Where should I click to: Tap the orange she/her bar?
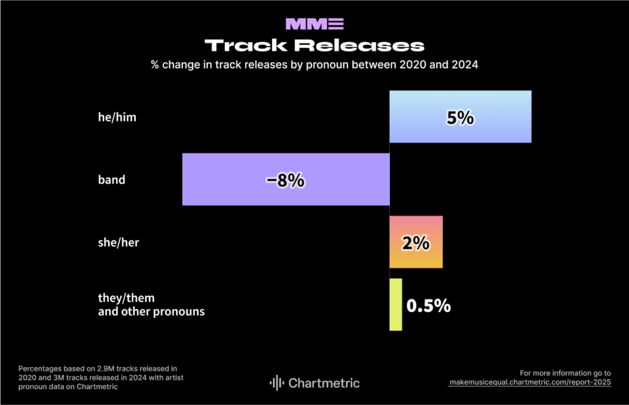pos(416,258)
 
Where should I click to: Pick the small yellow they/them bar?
pos(396,304)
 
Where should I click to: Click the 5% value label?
pos(460,118)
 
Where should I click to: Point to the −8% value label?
pos(286,180)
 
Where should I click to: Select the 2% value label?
pos(416,243)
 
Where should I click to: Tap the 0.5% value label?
pos(429,306)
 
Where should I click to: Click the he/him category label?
pos(117,117)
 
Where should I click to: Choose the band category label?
pos(111,180)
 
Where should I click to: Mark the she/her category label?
pos(118,242)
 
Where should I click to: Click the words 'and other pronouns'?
pos(151,311)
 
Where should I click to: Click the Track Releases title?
pos(314,45)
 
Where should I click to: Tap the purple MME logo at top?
pos(314,24)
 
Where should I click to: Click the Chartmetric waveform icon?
pos(276,383)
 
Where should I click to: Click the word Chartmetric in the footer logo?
pos(324,383)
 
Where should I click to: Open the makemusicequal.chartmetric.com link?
pos(530,382)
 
